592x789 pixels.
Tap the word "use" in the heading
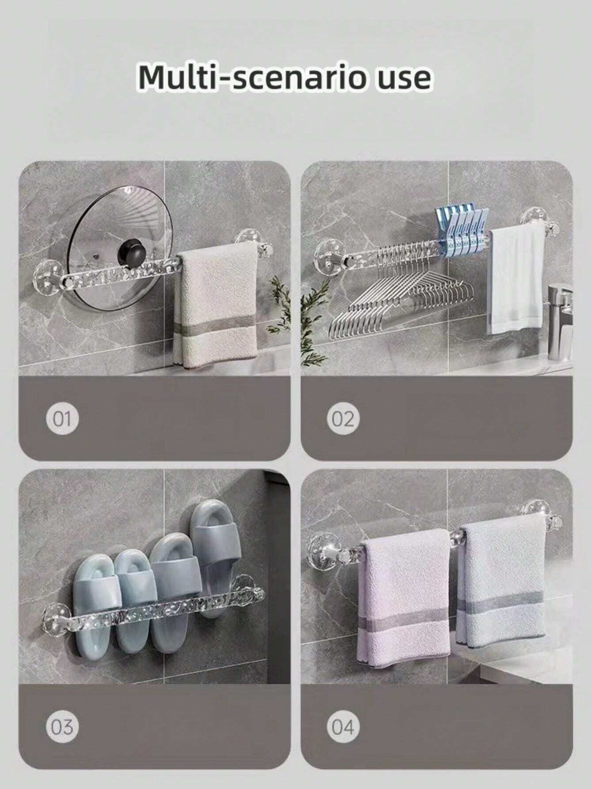pos(402,79)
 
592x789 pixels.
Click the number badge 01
pos(62,419)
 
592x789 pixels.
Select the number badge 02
pos(343,419)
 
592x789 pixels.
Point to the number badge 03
pos(62,727)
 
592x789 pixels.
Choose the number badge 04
pos(343,727)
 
